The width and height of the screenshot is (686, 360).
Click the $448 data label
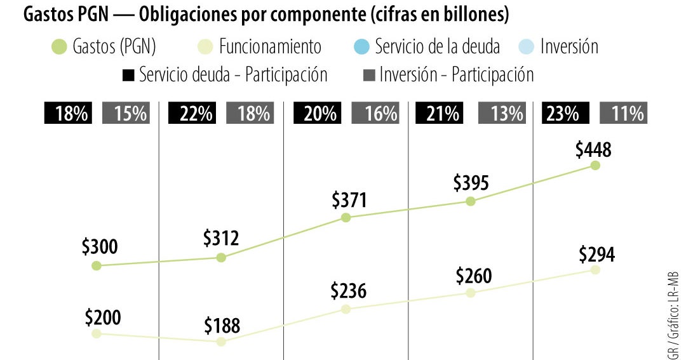pyautogui.click(x=593, y=150)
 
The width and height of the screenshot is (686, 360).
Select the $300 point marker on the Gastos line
pyautogui.click(x=97, y=265)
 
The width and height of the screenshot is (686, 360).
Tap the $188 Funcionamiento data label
pyautogui.click(x=222, y=326)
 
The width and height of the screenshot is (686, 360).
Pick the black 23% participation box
pyautogui.click(x=563, y=114)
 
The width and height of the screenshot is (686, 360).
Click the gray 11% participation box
pyautogui.click(x=624, y=114)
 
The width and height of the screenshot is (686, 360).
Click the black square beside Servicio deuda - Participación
pyautogui.click(x=128, y=75)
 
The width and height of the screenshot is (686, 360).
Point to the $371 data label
pyautogui.click(x=349, y=201)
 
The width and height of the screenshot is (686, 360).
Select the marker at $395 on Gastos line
pyautogui.click(x=470, y=201)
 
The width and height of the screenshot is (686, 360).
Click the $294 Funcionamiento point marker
pyautogui.click(x=595, y=270)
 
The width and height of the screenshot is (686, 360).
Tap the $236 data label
pyautogui.click(x=348, y=291)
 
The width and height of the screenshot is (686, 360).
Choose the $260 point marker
pyautogui.click(x=470, y=293)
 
